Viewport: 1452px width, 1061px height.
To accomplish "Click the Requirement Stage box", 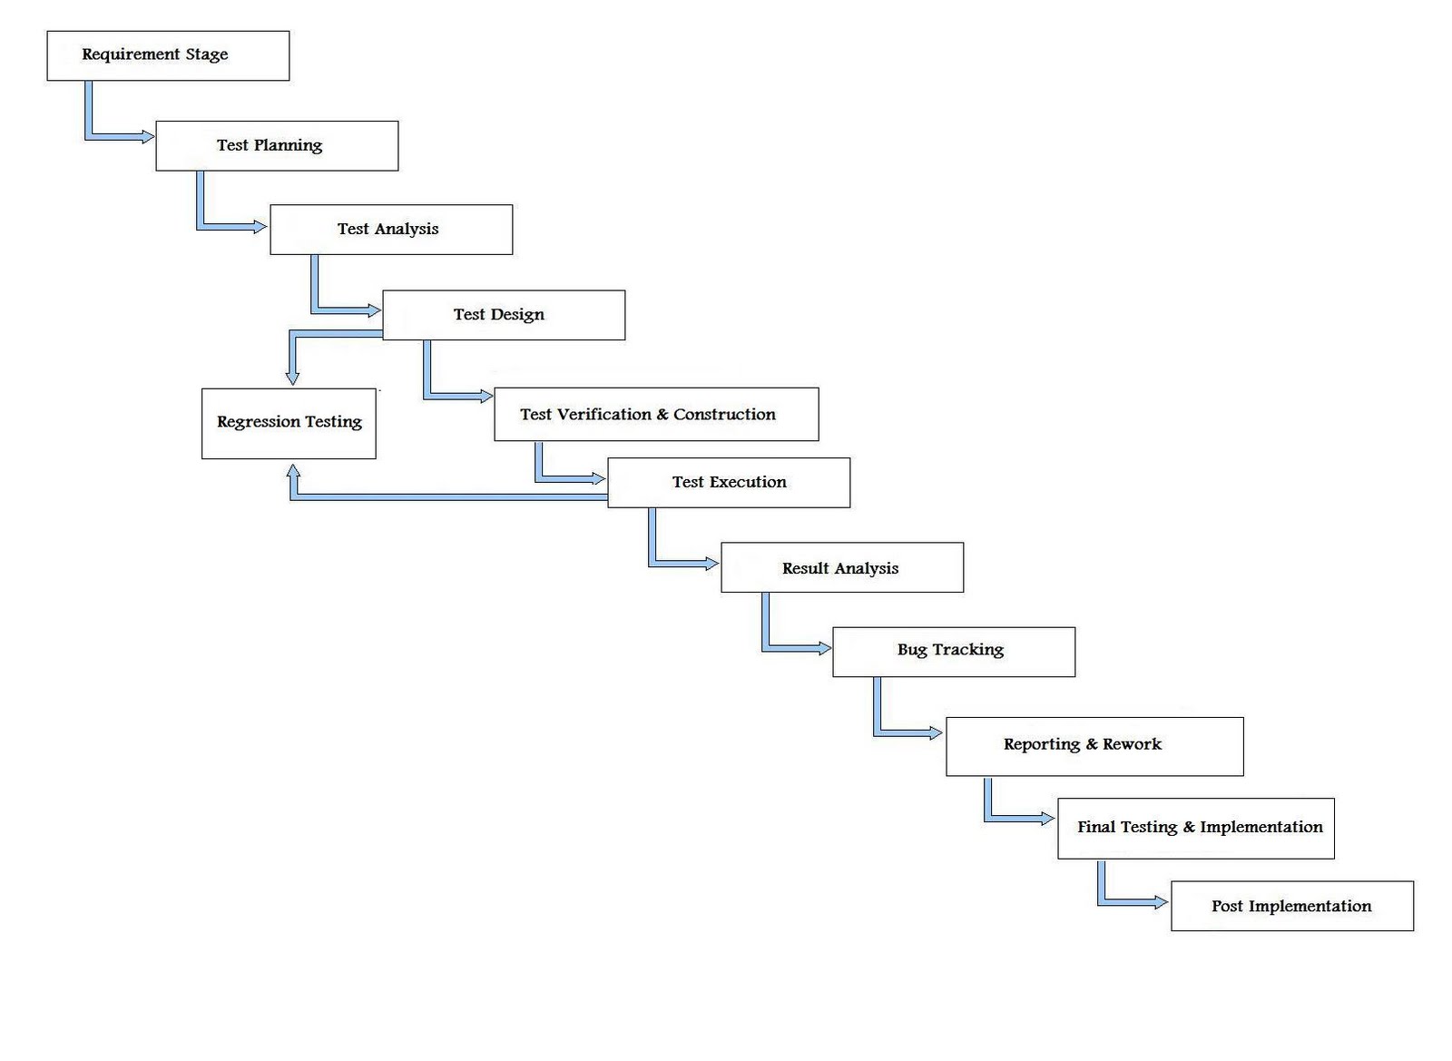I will (168, 55).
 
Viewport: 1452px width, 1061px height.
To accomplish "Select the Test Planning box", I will (277, 145).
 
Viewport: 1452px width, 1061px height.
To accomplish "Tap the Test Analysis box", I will (391, 230).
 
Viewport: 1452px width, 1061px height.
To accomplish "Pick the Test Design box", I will (504, 315).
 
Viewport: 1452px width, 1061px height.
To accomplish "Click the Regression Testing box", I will (289, 423).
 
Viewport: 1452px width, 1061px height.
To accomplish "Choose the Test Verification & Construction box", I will (656, 415).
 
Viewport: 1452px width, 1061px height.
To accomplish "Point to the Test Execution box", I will (729, 483).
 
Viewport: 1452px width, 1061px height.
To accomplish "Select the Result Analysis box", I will (842, 568).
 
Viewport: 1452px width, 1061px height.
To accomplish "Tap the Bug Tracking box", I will (954, 652).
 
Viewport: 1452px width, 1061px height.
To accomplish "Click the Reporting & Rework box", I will (1094, 746).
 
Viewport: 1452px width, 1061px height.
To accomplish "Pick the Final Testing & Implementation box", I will (1196, 828).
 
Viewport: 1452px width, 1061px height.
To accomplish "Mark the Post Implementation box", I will (1292, 906).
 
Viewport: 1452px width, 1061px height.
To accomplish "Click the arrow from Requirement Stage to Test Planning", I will (100, 136).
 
